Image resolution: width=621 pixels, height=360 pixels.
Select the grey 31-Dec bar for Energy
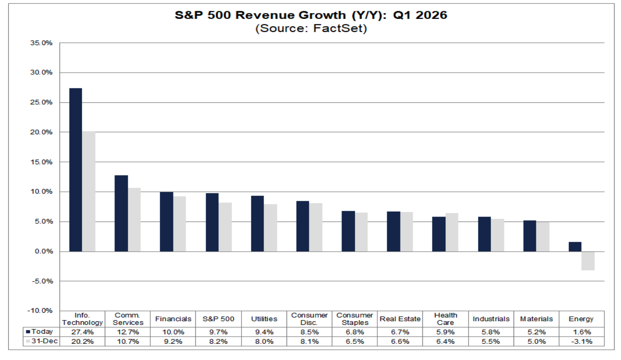[x=588, y=261]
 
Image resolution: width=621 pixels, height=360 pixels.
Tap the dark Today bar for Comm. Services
[x=121, y=213]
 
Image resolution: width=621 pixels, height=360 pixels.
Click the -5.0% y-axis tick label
[x=42, y=281]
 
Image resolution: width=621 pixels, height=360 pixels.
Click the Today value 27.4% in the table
[x=82, y=332]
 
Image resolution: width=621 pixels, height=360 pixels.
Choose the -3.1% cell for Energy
[x=581, y=342]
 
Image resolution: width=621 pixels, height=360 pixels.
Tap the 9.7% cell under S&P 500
[x=219, y=332]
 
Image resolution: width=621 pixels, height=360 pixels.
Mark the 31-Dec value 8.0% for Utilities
[x=264, y=342]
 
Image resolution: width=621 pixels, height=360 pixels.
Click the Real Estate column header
[x=400, y=319]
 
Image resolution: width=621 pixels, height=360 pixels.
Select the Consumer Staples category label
[x=355, y=319]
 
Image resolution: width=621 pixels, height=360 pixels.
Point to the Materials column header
[x=536, y=319]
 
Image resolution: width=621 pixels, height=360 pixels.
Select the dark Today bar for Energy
[x=575, y=246]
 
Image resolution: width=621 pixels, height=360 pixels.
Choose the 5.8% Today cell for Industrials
[x=491, y=332]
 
